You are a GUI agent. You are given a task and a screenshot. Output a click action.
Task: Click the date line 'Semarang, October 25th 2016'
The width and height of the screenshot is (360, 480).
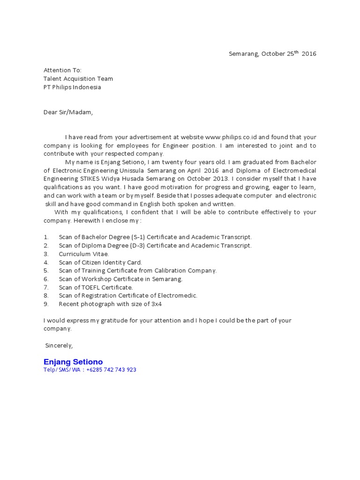point(272,53)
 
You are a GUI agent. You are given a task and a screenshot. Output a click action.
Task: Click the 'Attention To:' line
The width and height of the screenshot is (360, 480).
point(62,70)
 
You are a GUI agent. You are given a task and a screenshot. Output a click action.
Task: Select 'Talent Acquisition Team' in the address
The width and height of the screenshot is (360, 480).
point(78,79)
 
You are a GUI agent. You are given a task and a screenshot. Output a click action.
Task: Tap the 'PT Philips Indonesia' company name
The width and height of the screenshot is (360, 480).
point(72,87)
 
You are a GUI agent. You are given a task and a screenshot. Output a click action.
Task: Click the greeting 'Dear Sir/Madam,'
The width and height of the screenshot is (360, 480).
point(68,112)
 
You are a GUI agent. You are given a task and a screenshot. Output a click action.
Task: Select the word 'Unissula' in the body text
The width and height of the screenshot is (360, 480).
point(132,171)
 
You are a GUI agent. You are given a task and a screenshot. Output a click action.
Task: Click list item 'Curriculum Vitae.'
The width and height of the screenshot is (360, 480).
point(84,254)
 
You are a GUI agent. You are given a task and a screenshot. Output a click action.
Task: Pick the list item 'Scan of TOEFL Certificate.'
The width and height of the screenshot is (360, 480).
point(96,287)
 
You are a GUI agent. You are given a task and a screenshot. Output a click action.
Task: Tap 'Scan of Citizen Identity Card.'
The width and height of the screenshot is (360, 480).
point(100,262)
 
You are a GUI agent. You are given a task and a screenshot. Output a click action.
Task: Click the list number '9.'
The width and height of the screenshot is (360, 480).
point(46,304)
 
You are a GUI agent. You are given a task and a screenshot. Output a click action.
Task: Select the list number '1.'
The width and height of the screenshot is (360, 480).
point(46,237)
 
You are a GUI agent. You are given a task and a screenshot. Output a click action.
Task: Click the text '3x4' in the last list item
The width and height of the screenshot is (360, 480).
point(157,304)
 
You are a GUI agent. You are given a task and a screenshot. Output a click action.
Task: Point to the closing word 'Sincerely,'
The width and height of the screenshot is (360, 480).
point(59,345)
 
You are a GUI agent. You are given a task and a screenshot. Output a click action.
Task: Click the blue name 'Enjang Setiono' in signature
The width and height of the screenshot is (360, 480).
point(73,362)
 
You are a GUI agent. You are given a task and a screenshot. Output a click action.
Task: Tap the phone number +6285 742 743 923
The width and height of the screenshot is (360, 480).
point(112,370)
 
